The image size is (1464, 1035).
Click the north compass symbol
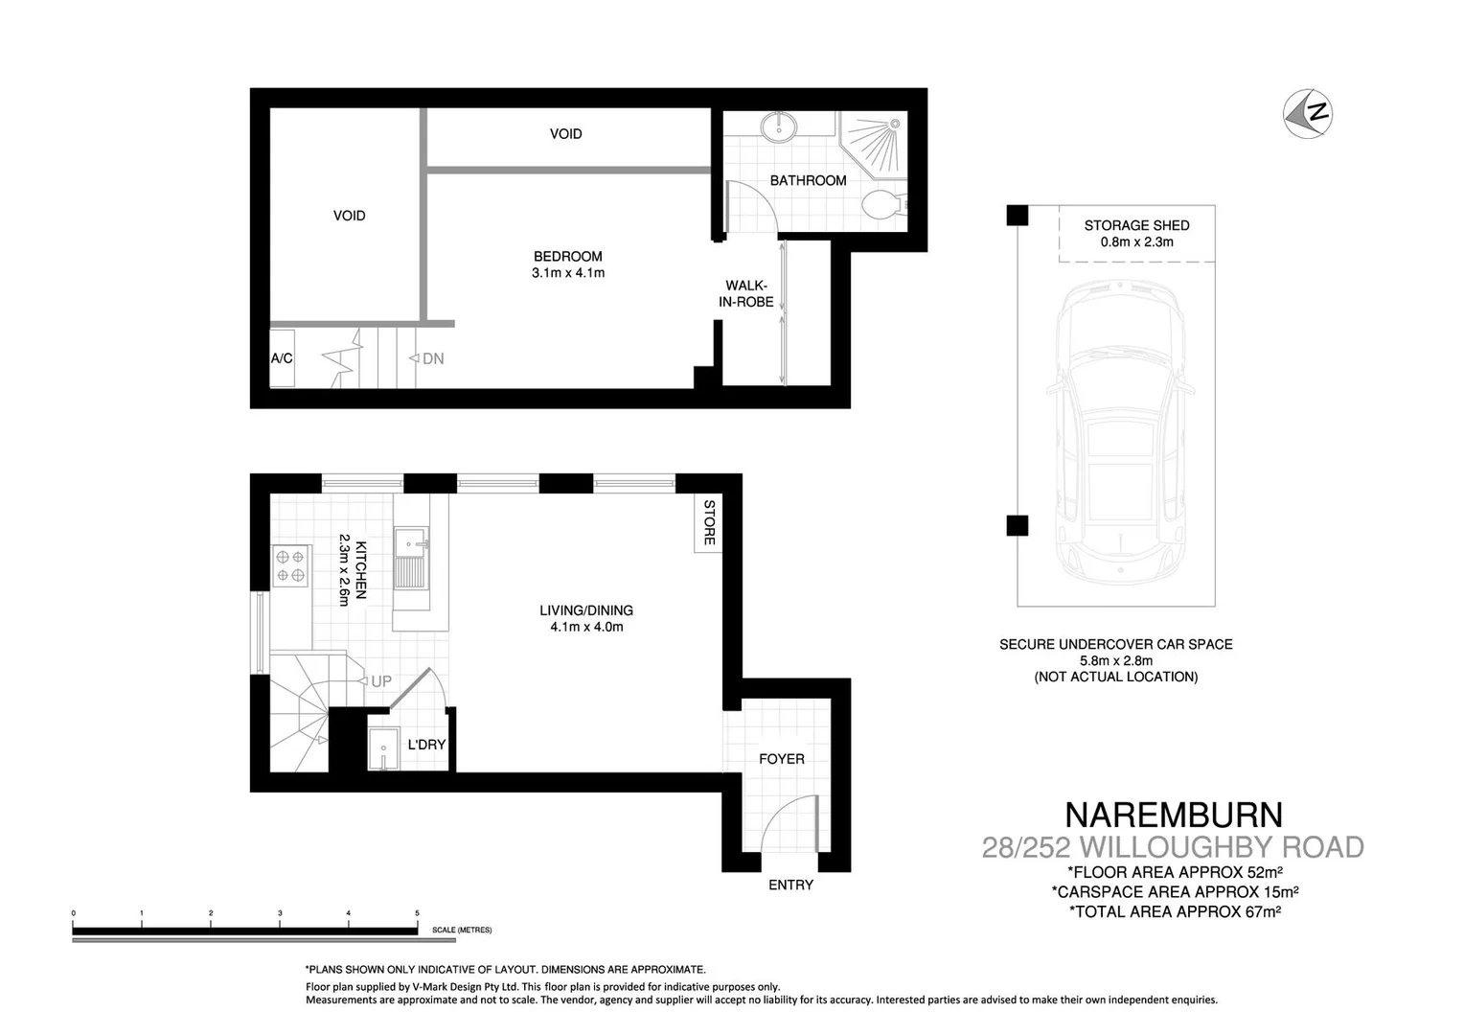click(x=1308, y=112)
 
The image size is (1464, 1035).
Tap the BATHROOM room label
click(x=808, y=180)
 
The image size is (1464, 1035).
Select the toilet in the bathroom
click(x=882, y=204)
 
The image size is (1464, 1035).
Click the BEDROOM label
click(x=567, y=256)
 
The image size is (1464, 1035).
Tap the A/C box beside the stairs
click(x=282, y=358)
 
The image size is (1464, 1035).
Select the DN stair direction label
click(x=432, y=358)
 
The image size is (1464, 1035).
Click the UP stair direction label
click(x=380, y=681)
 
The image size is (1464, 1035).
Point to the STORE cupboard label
click(x=709, y=523)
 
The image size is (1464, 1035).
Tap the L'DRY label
click(x=426, y=744)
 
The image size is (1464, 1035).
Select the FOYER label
click(x=781, y=759)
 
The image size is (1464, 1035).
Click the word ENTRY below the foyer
click(x=790, y=885)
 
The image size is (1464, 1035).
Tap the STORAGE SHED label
click(x=1136, y=225)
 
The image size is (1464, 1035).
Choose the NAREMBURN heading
click(x=1173, y=815)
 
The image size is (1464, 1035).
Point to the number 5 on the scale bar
click(x=417, y=913)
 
